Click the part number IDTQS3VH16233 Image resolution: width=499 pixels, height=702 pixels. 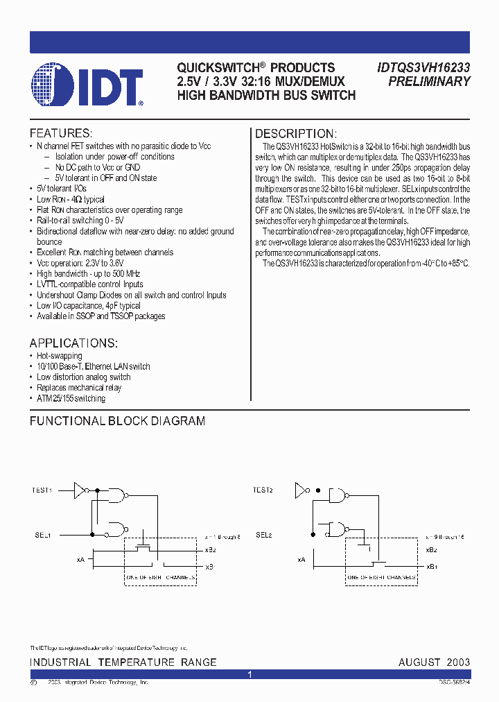pos(423,67)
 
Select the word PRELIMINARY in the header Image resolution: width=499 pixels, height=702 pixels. pos(429,81)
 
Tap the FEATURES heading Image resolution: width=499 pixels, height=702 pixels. pos(61,133)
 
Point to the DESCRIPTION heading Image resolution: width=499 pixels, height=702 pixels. pos(296,134)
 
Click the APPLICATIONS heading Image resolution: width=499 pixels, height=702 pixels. pos(73,343)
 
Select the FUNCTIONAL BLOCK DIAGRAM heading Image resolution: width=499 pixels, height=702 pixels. pos(117,421)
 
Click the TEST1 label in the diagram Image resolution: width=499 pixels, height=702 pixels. pos(42,490)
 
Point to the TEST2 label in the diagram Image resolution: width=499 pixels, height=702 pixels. pos(263,490)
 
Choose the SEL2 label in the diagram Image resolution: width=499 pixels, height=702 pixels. pos(263,535)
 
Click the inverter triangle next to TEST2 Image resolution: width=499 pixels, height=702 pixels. pos(301,490)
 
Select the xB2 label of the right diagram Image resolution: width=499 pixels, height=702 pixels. pos(431,549)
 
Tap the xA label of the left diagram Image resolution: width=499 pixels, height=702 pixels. pos(80,558)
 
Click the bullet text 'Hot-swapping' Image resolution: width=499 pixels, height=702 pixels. pos(59,356)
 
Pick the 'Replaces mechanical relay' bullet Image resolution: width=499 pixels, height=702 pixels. pos(78,388)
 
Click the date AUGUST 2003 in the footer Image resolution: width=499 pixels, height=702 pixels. pos(434,662)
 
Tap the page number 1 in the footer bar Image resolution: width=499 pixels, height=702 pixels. pos(249,674)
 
